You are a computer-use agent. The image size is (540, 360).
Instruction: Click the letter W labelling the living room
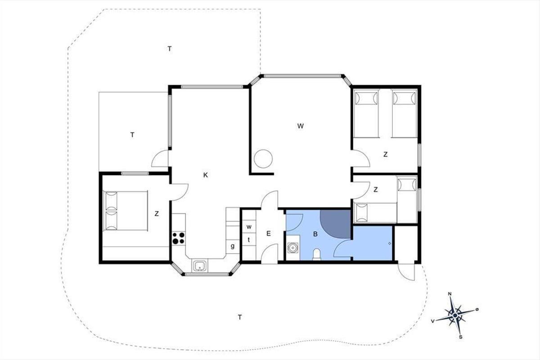pyautogui.click(x=301, y=126)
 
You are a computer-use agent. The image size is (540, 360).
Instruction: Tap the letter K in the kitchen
pyautogui.click(x=205, y=175)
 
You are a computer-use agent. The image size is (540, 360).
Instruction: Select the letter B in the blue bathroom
pyautogui.click(x=315, y=234)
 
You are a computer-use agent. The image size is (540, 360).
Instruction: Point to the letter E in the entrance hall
pyautogui.click(x=269, y=234)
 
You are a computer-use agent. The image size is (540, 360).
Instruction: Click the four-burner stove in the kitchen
pyautogui.click(x=179, y=238)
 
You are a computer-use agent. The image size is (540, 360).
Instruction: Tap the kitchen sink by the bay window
pyautogui.click(x=200, y=265)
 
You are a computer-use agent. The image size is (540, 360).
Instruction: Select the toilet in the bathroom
pyautogui.click(x=316, y=255)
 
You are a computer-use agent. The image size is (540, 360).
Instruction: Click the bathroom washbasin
pyautogui.click(x=293, y=247)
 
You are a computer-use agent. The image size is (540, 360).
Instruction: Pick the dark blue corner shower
pyautogui.click(x=335, y=224)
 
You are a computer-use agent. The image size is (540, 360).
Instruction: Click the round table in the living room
pyautogui.click(x=263, y=159)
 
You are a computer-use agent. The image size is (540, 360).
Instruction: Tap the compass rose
pyautogui.click(x=455, y=315)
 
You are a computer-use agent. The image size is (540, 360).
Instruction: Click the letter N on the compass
pyautogui.click(x=450, y=294)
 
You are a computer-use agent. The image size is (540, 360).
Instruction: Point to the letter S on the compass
pyautogui.click(x=460, y=337)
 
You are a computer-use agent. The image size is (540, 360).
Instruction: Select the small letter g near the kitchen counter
pyautogui.click(x=232, y=246)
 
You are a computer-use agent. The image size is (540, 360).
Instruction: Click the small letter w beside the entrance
pyautogui.click(x=249, y=227)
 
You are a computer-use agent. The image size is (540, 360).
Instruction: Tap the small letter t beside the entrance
pyautogui.click(x=248, y=240)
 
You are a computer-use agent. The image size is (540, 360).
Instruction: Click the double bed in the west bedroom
pyautogui.click(x=126, y=211)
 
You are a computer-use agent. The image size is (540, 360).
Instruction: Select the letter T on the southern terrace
pyautogui.click(x=239, y=317)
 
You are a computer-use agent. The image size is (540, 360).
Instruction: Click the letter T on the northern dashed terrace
pyautogui.click(x=170, y=49)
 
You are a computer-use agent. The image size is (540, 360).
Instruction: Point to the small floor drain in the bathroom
pyautogui.click(x=390, y=243)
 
